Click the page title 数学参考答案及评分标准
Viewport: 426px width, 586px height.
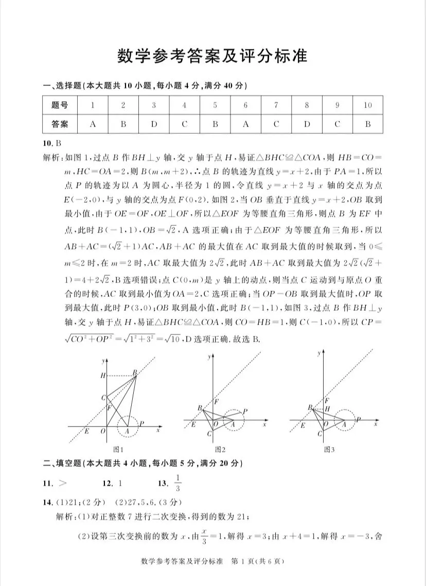coord(212,56)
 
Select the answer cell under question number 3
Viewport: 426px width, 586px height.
coord(154,124)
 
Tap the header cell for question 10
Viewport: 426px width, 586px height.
coord(367,105)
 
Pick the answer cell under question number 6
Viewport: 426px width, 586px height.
coord(245,124)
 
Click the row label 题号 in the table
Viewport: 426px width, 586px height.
coord(60,105)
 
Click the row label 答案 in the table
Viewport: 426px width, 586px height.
coord(60,124)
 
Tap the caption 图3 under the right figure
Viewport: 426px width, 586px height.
coord(329,449)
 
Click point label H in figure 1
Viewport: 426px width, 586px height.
coord(102,376)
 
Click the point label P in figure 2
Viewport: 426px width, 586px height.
coord(245,412)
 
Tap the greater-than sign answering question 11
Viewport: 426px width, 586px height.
coord(63,483)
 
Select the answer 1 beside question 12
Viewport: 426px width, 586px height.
coord(120,483)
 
